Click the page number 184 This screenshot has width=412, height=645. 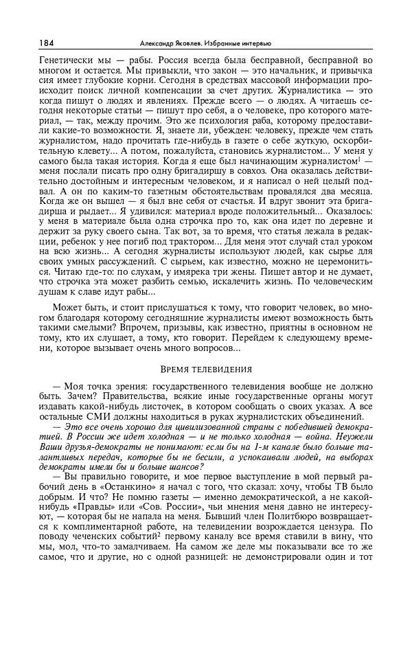coord(47,43)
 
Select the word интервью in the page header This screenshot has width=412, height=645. coord(257,43)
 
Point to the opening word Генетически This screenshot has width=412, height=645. coord(66,60)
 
